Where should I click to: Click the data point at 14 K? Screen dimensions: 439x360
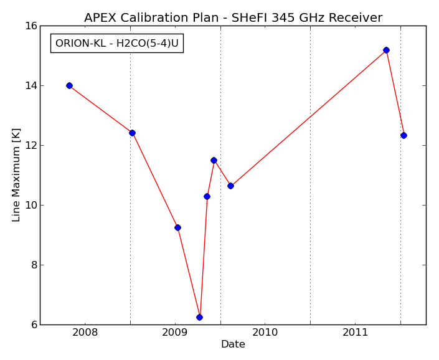(x=70, y=86)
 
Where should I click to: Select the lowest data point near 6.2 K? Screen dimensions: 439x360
(x=199, y=317)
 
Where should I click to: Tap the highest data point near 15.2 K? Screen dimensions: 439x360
(x=386, y=50)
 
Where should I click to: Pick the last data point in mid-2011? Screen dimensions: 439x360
(x=404, y=136)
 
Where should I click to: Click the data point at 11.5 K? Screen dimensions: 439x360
(x=214, y=161)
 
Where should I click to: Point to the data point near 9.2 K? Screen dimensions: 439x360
(x=177, y=227)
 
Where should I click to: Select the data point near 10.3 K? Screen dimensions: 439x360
(x=207, y=197)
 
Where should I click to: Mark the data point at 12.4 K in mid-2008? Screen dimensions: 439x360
(x=132, y=133)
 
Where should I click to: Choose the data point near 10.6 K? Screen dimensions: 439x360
(x=230, y=186)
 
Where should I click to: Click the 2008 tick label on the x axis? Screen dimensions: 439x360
(x=85, y=333)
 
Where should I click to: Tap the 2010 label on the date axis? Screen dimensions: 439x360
(x=265, y=333)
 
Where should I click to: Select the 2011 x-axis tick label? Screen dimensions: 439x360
(x=355, y=333)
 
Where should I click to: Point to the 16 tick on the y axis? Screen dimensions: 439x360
(x=31, y=26)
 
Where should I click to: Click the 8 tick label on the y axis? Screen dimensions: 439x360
(x=34, y=265)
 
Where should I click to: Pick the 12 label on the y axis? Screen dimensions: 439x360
(x=31, y=146)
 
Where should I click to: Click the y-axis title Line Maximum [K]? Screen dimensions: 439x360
(x=16, y=175)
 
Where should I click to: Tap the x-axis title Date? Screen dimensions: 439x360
(x=233, y=344)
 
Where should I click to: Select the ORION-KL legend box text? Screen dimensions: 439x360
(x=116, y=43)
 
